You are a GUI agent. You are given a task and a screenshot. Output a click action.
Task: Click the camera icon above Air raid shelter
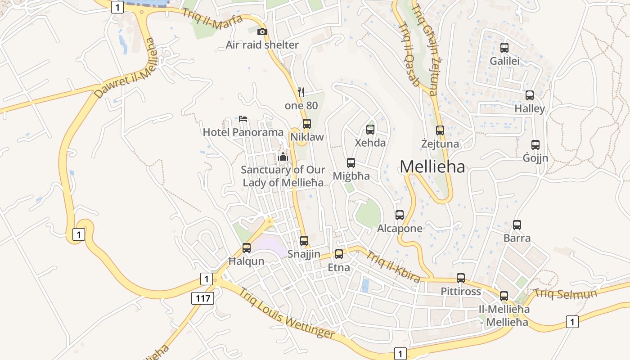pyautogui.click(x=262, y=31)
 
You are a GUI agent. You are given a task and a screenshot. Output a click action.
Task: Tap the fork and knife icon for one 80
pyautogui.click(x=301, y=92)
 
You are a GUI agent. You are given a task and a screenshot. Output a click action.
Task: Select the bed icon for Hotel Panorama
pyautogui.click(x=243, y=119)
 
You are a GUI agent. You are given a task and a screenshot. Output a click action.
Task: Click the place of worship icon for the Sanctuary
pyautogui.click(x=283, y=157)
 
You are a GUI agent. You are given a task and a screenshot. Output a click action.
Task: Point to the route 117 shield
pyautogui.click(x=202, y=297)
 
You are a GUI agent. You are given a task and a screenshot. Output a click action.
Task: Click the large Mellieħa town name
pyautogui.click(x=432, y=167)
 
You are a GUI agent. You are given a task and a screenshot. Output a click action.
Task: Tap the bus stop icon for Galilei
pyautogui.click(x=504, y=48)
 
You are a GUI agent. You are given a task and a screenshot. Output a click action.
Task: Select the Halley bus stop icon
pyautogui.click(x=530, y=95)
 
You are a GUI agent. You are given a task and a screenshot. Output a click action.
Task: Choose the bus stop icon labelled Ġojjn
pyautogui.click(x=535, y=145)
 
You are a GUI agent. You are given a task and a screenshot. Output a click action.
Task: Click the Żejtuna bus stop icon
pyautogui.click(x=440, y=130)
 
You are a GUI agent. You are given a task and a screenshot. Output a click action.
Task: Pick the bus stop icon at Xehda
pyautogui.click(x=370, y=130)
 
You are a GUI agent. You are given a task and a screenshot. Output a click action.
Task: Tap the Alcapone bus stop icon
pyautogui.click(x=400, y=215)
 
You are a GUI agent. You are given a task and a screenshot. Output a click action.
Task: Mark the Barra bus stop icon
pyautogui.click(x=517, y=225)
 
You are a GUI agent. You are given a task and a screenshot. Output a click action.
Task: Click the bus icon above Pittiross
pyautogui.click(x=461, y=278)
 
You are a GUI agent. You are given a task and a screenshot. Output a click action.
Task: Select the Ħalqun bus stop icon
pyautogui.click(x=247, y=248)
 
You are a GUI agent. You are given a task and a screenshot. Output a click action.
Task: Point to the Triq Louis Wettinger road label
pyautogui.click(x=287, y=313)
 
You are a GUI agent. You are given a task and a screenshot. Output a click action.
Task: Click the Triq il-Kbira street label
pyautogui.click(x=393, y=267)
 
